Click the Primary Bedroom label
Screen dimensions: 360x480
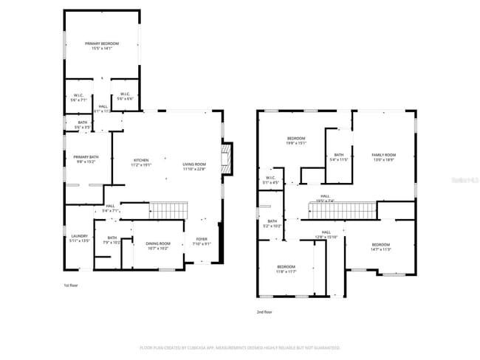(x=101, y=44)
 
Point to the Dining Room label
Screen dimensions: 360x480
(x=157, y=243)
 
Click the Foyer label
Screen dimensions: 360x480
(x=201, y=240)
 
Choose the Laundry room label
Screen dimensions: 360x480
(x=78, y=237)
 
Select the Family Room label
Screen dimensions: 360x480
(x=383, y=154)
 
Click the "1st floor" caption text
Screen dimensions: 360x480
(x=71, y=284)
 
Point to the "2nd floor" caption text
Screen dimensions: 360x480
(x=264, y=312)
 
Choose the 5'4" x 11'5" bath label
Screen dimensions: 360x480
(x=337, y=157)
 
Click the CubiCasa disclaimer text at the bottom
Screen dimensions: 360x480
(x=239, y=347)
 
